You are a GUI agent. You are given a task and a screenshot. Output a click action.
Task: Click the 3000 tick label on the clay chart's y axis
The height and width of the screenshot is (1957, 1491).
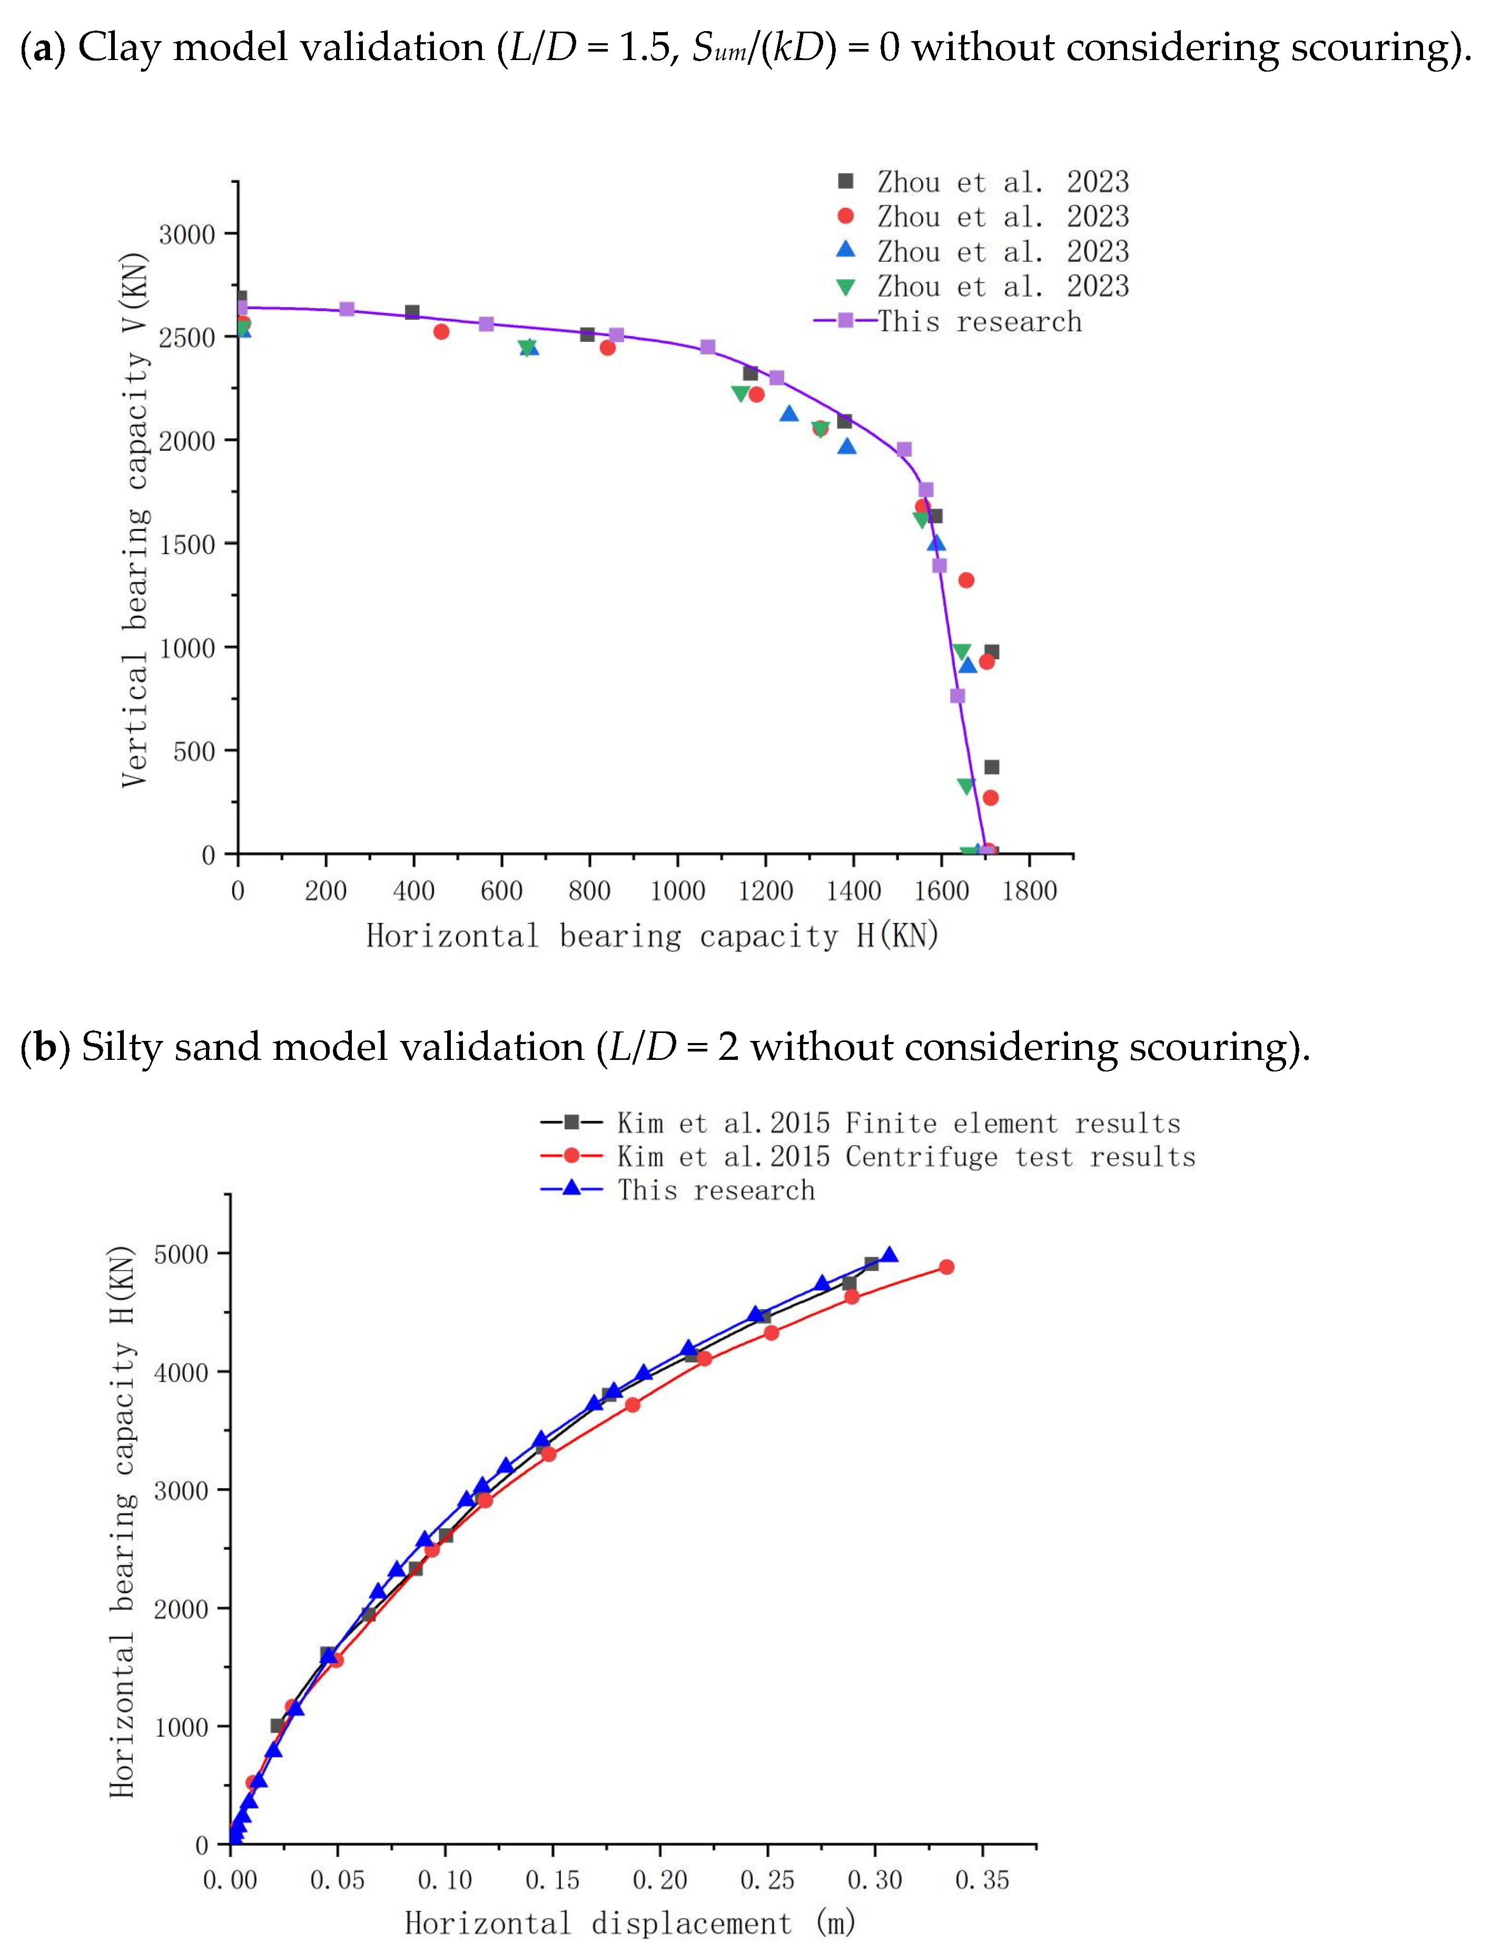(186, 235)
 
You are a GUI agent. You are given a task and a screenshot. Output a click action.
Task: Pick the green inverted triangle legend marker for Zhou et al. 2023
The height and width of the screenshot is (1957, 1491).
(846, 287)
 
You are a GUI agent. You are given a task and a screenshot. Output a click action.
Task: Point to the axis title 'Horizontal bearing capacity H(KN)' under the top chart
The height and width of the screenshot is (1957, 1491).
(653, 936)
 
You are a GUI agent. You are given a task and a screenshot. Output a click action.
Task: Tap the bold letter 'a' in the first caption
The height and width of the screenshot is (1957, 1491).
(41, 47)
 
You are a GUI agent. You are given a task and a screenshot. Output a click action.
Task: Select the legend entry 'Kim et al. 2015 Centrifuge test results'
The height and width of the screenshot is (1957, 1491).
(905, 1156)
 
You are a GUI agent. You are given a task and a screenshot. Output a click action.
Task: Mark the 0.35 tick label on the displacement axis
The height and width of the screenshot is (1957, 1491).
(982, 1880)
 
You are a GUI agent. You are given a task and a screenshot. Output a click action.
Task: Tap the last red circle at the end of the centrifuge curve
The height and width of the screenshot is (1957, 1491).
(946, 1266)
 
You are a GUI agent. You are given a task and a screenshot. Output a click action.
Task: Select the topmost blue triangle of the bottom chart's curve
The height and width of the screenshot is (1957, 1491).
(889, 1254)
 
